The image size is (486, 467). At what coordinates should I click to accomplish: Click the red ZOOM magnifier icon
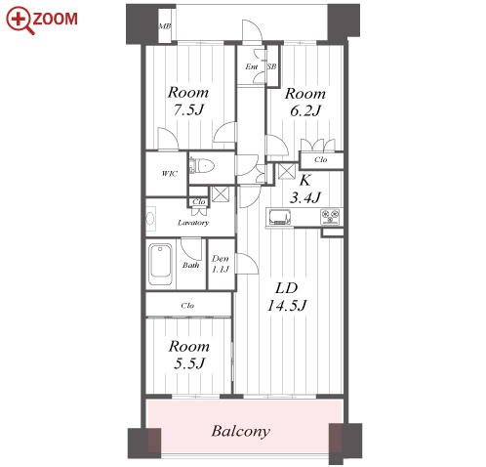(20, 20)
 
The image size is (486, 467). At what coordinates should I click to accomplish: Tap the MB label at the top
(165, 26)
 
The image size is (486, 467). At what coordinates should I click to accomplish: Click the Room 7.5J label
(188, 101)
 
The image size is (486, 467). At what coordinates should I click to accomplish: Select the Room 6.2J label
(305, 102)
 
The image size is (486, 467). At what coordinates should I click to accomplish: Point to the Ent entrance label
(252, 66)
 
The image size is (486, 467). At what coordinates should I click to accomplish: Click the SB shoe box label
(271, 66)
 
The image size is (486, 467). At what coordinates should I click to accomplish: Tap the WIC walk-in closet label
(170, 173)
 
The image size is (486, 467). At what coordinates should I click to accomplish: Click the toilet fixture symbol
(202, 166)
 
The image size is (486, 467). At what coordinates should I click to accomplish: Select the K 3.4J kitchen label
(305, 189)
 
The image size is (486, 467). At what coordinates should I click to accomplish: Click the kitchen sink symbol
(280, 217)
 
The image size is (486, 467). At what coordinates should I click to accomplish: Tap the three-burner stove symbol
(330, 217)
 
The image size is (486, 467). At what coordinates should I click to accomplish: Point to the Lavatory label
(193, 223)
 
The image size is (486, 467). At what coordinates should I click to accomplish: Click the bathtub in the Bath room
(160, 265)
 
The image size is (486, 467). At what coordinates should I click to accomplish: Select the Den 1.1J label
(221, 264)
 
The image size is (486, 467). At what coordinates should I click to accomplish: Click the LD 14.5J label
(287, 297)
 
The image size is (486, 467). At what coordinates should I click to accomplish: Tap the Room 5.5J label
(189, 355)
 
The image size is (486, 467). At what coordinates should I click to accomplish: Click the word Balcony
(241, 431)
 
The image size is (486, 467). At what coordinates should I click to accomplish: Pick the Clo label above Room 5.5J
(187, 306)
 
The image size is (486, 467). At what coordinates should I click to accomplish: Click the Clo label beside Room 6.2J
(321, 159)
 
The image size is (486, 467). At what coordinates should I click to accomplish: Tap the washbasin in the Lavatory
(150, 218)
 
